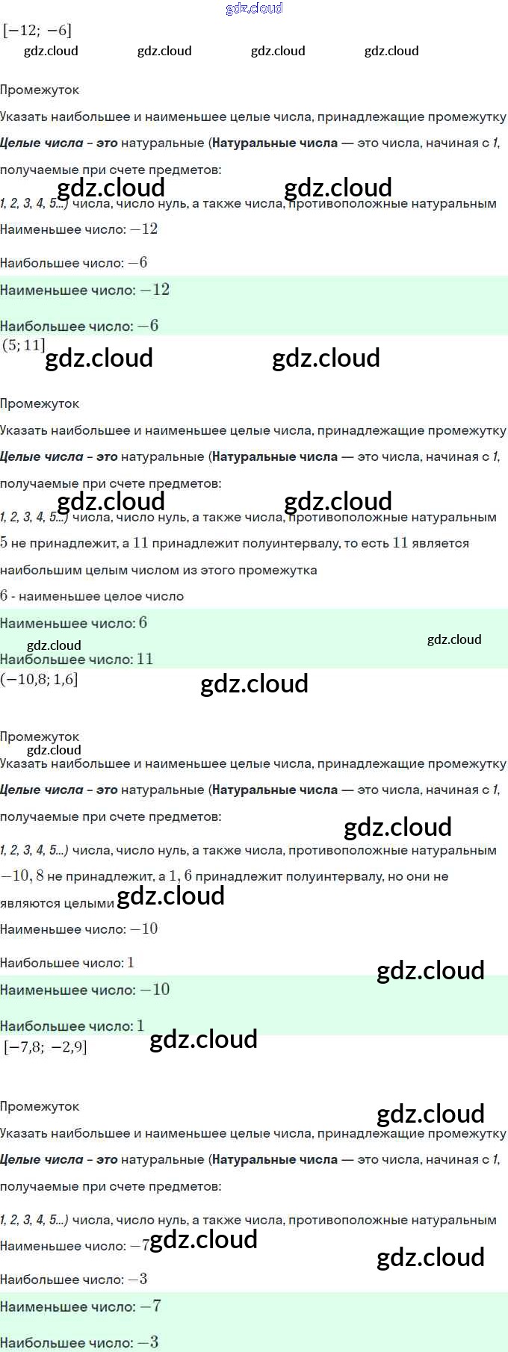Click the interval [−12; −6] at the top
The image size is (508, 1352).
[x=37, y=31]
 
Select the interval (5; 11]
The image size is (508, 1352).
[x=24, y=344]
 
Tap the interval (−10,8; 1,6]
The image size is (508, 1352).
[x=39, y=679]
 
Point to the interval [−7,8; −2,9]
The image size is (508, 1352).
[x=45, y=1046]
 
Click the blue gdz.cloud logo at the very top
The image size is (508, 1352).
[x=254, y=8]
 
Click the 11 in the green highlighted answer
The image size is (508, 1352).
[x=145, y=659]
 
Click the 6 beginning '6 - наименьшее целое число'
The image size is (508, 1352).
[x=4, y=596]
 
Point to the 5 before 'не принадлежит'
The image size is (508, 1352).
[x=4, y=543]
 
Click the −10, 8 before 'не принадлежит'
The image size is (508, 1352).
[x=22, y=876]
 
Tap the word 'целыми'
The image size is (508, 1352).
[x=89, y=903]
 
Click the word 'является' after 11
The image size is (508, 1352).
[x=440, y=543]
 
